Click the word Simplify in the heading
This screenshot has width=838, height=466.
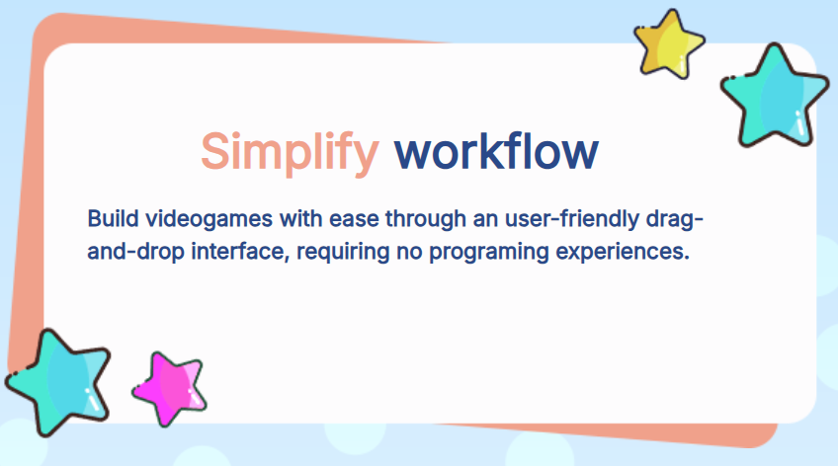click(x=291, y=153)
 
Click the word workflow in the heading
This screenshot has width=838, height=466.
click(x=496, y=151)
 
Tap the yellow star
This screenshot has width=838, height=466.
click(x=669, y=44)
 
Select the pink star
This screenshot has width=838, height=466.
click(x=170, y=389)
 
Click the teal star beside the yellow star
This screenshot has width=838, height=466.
click(x=775, y=96)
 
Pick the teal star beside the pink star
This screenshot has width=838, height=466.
click(x=57, y=382)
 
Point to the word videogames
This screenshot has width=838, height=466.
click(x=209, y=219)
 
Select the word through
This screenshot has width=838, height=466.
click(x=425, y=219)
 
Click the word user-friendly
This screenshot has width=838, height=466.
click(x=572, y=219)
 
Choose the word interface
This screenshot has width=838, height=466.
click(x=240, y=252)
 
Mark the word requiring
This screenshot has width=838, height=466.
click(x=343, y=252)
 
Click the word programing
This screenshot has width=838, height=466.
click(x=489, y=252)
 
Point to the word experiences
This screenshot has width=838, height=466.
click(x=623, y=252)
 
